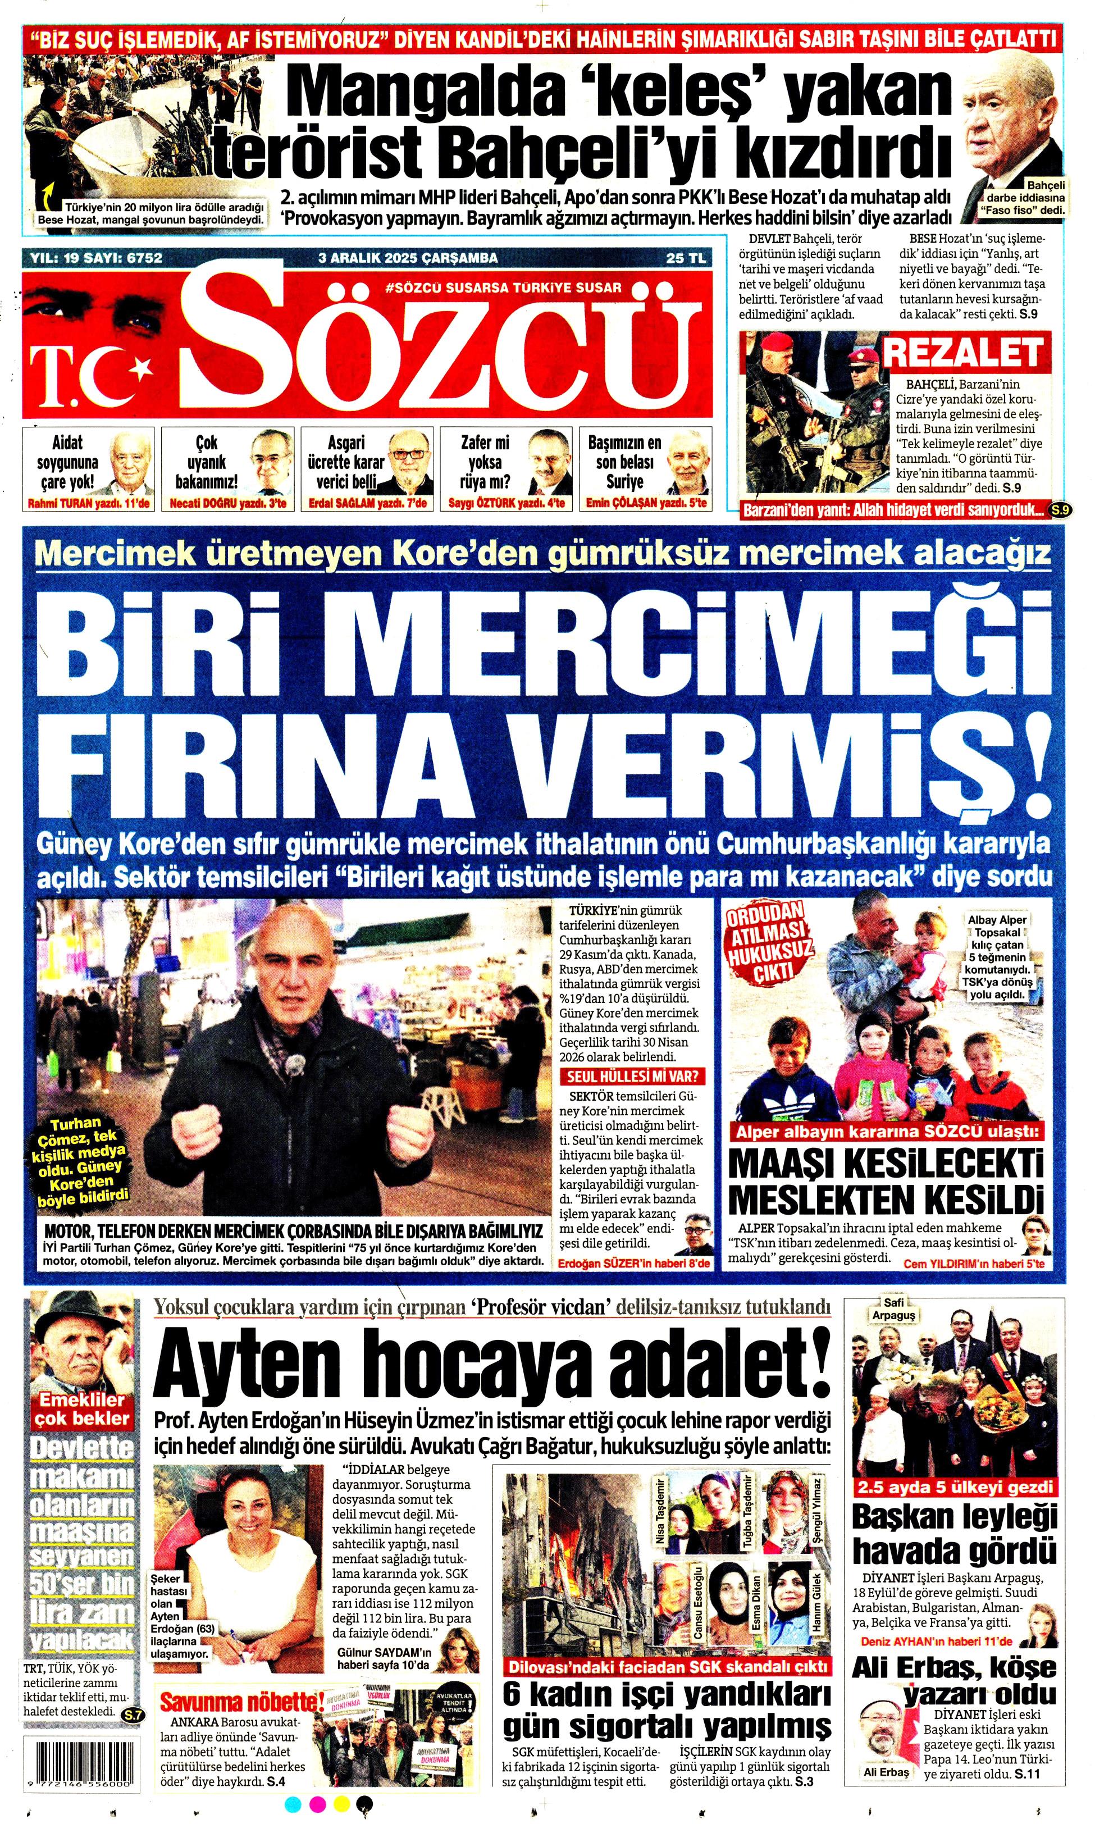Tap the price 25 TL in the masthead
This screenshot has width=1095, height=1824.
coord(686,258)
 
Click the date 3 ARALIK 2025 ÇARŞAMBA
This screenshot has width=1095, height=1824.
coord(407,258)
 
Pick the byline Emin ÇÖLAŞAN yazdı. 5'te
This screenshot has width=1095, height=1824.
coord(646,503)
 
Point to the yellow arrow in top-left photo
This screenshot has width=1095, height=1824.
coord(47,197)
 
